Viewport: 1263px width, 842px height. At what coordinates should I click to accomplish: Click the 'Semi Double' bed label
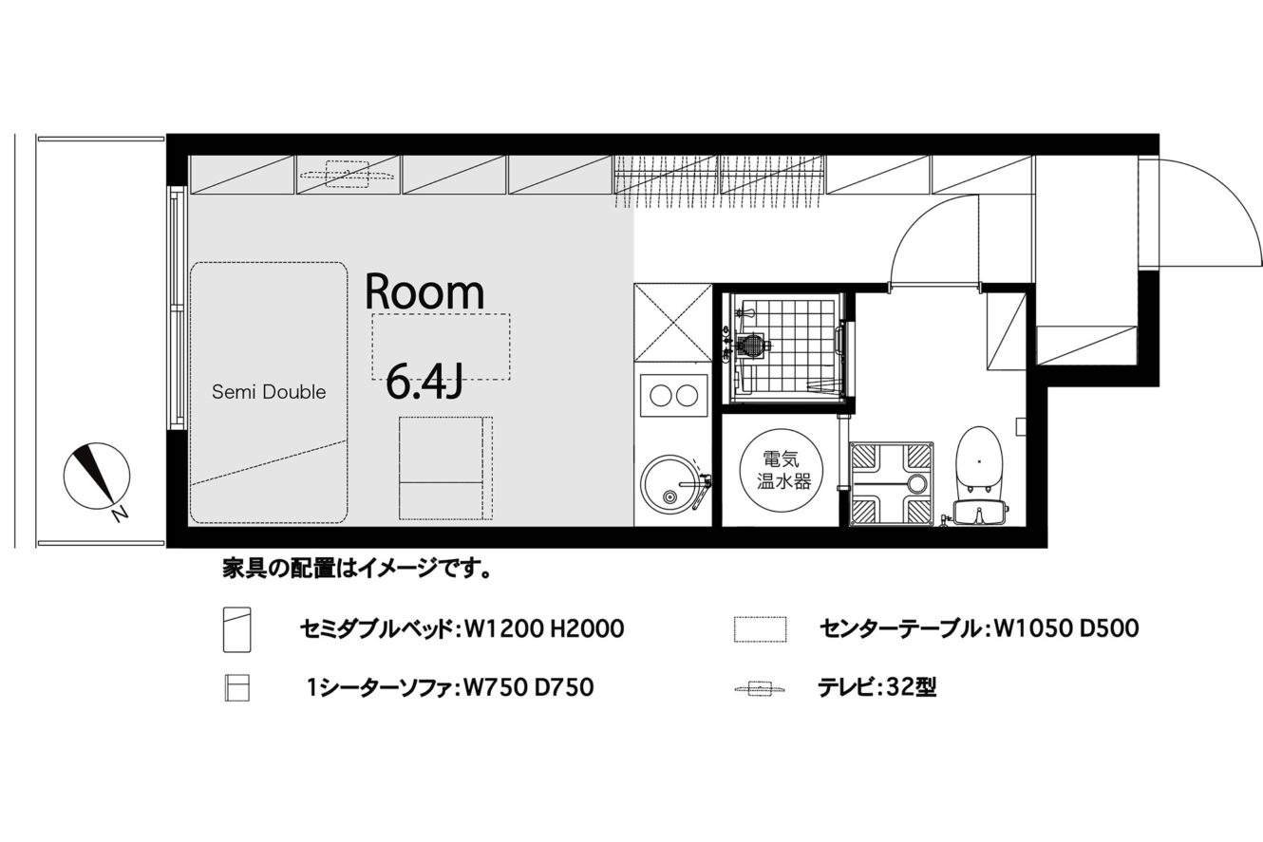pyautogui.click(x=269, y=392)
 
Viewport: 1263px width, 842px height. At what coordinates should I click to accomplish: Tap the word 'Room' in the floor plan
pyautogui.click(x=424, y=292)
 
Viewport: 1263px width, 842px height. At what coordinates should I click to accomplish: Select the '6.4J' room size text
pyautogui.click(x=424, y=382)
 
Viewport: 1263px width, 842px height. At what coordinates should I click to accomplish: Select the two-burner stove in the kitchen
pyautogui.click(x=674, y=396)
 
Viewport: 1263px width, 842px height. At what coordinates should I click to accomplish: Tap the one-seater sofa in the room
pyautogui.click(x=445, y=468)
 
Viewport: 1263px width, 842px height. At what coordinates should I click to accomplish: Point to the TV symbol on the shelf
pyautogui.click(x=347, y=175)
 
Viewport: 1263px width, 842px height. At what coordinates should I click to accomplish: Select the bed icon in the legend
pyautogui.click(x=236, y=629)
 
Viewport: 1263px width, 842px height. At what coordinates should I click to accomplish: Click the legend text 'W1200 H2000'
pyautogui.click(x=544, y=629)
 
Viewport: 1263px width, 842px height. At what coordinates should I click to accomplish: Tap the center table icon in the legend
pyautogui.click(x=760, y=629)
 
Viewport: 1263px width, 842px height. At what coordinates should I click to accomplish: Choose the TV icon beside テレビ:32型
pyautogui.click(x=759, y=689)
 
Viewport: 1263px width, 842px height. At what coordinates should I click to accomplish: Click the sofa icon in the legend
pyautogui.click(x=236, y=688)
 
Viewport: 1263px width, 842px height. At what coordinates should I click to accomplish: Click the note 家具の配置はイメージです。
pyautogui.click(x=356, y=569)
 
